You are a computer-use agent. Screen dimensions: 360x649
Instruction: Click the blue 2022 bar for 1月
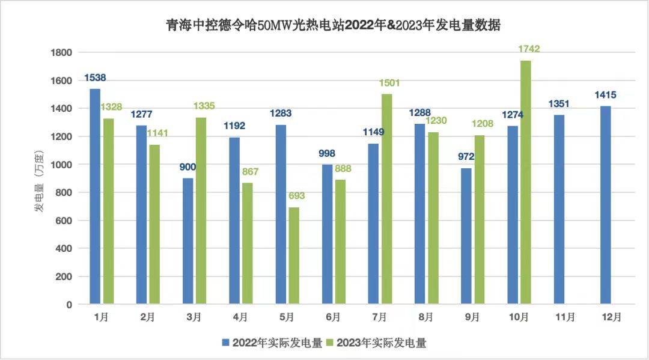tap(95, 197)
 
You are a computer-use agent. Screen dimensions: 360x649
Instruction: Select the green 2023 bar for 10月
tap(526, 183)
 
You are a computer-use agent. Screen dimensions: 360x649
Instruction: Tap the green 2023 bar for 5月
tap(294, 256)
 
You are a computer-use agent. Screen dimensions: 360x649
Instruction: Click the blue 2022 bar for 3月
tap(188, 241)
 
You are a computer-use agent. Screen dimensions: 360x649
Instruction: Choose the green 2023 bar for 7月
tap(387, 200)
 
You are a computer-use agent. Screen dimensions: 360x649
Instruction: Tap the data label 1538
tap(96, 78)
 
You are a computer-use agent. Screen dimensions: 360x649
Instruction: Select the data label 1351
tap(558, 104)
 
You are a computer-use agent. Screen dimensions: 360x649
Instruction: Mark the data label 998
tap(327, 153)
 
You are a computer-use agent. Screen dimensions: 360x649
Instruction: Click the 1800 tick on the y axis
tap(61, 53)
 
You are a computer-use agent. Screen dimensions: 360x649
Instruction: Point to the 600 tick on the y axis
tap(64, 221)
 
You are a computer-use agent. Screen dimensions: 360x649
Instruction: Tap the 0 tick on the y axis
tap(69, 305)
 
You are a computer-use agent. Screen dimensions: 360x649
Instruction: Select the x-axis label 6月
tap(333, 317)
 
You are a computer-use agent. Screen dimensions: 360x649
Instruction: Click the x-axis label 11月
tap(565, 317)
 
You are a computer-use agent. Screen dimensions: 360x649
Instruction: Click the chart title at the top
tap(333, 26)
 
